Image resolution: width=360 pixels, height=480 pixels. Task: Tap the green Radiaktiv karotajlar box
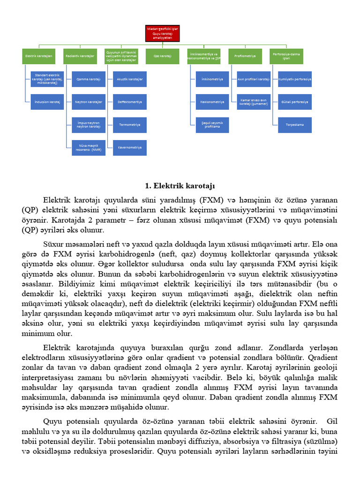tap(80, 56)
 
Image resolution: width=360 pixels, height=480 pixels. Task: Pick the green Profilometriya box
tap(246, 56)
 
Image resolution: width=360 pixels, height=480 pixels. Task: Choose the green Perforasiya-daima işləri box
tap(286, 56)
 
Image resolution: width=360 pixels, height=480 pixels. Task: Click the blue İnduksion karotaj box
tap(47, 102)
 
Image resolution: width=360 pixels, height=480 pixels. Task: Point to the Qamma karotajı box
tap(89, 79)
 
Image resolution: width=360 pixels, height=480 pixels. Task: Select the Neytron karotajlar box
tap(89, 102)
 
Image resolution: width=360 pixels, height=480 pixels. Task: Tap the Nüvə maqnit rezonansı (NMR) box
tap(89, 148)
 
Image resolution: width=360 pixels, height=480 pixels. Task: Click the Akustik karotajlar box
tap(130, 79)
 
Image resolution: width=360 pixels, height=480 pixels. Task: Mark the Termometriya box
tap(130, 125)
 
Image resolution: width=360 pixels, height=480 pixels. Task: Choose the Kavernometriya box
tap(130, 148)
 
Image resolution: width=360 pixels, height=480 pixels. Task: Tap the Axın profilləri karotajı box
tap(254, 79)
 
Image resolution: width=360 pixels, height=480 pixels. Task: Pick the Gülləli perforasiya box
tap(295, 102)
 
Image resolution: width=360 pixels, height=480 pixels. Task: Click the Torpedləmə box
tap(295, 125)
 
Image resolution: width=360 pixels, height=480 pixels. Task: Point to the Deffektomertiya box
tap(130, 102)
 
